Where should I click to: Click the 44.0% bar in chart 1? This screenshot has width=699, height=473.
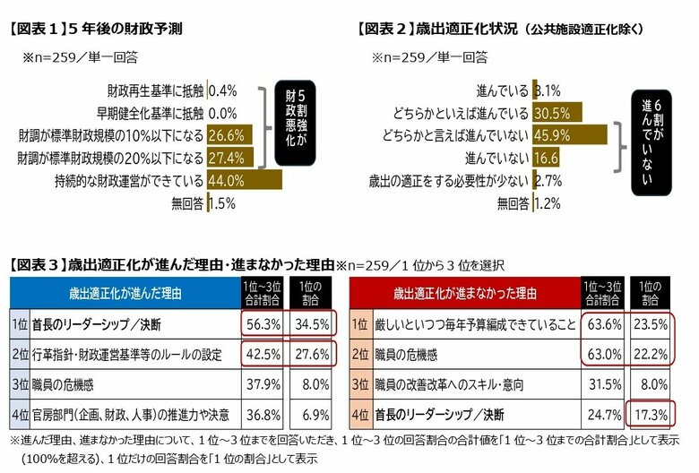[x=244, y=180]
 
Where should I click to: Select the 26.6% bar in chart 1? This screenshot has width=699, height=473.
[x=229, y=135]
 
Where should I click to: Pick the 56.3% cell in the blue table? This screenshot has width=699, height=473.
[x=260, y=322]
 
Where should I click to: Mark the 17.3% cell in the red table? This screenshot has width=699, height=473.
[x=652, y=415]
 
